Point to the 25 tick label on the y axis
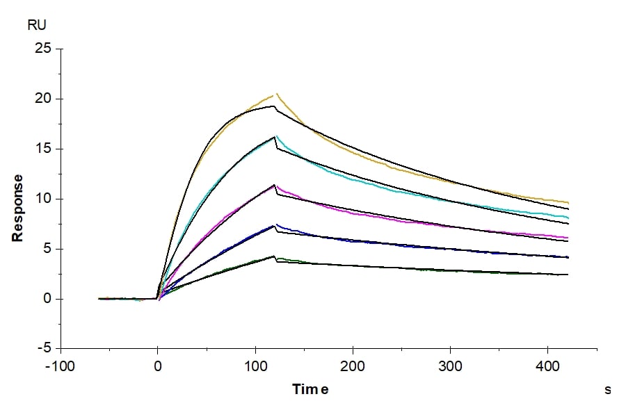point(43,49)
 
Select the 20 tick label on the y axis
point(43,99)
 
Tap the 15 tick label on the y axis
point(43,149)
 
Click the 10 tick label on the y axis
point(43,199)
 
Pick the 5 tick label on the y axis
point(47,250)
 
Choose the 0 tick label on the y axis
point(47,300)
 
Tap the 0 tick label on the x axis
point(158,365)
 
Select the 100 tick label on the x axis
point(255,365)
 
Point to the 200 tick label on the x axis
point(353,365)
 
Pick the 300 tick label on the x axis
point(450,365)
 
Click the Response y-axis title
point(18,208)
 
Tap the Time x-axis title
point(310,389)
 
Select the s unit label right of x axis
point(607,390)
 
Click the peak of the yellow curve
point(276,94)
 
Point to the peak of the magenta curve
point(275,185)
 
